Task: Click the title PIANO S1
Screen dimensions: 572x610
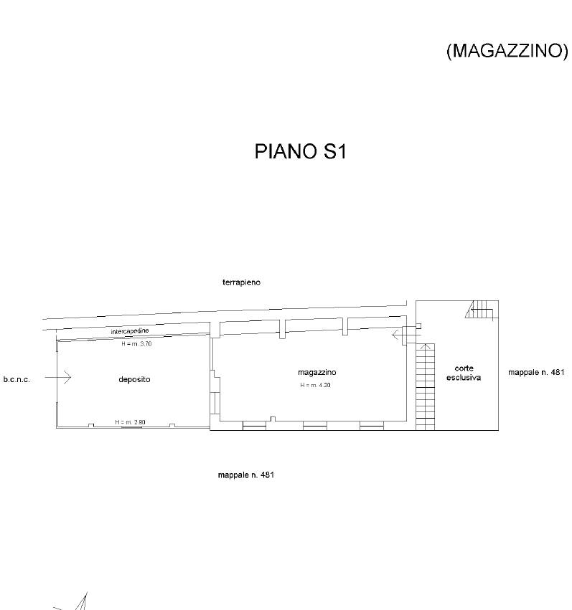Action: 300,151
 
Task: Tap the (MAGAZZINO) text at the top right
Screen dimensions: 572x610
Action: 507,51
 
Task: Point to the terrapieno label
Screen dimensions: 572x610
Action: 241,282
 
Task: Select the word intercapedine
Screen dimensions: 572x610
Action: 130,331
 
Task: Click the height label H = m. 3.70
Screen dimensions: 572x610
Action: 136,344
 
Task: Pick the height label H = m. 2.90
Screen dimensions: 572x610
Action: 130,422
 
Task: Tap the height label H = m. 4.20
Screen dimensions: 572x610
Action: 315,385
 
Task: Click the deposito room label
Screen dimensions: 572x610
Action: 134,379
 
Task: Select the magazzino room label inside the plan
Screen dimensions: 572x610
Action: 317,372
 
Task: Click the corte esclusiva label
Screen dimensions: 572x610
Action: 464,373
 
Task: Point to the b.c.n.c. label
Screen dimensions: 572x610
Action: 17,379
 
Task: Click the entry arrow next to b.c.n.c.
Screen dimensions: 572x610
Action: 58,377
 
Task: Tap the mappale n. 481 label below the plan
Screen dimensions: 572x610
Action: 246,475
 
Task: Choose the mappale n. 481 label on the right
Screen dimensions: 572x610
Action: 536,372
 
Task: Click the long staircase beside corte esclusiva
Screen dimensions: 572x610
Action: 425,386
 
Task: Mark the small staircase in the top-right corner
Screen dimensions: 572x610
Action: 482,310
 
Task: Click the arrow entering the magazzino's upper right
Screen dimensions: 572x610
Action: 406,335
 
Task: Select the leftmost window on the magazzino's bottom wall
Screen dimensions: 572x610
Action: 255,426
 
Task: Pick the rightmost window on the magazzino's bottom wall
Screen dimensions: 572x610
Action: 372,426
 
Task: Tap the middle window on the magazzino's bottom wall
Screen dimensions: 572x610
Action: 315,426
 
